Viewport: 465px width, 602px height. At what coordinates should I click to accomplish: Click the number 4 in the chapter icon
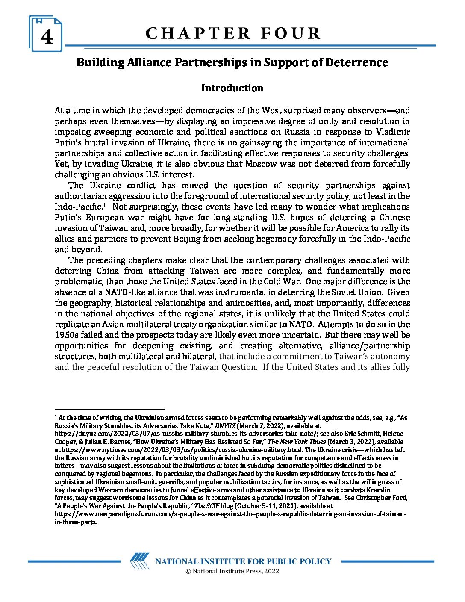click(47, 37)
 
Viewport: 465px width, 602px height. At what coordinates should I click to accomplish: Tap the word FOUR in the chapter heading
click(291, 33)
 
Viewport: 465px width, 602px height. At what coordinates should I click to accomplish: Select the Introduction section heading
click(232, 88)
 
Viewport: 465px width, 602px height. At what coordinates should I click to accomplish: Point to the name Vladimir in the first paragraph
click(393, 132)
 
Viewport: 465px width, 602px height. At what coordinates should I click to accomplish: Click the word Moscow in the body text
click(261, 164)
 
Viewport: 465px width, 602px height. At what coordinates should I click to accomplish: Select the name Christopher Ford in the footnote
click(382, 498)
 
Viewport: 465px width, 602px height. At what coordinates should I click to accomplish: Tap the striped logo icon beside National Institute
click(140, 561)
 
